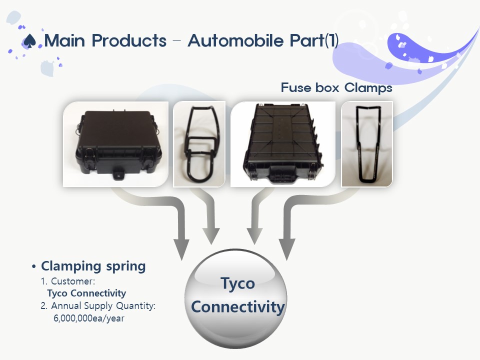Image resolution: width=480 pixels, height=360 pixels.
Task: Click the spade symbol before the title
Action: pos(30,41)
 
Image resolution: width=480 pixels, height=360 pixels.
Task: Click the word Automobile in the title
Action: pos(236,40)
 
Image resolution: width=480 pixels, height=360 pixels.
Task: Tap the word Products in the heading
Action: pos(129,40)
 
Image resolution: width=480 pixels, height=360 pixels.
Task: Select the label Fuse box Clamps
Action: pos(336,88)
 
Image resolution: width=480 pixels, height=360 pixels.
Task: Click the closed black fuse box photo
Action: pos(115,144)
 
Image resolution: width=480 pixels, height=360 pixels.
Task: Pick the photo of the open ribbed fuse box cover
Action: pos(283,144)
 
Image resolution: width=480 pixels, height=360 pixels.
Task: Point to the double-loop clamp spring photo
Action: pos(199,144)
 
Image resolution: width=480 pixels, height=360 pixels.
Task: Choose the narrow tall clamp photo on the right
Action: pos(366,144)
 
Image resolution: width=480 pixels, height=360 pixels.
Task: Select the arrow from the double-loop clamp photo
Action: pos(210,211)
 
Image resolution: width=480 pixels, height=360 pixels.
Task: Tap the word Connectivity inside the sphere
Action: pos(238,306)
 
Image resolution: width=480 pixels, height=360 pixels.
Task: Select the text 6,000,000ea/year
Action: pos(89,318)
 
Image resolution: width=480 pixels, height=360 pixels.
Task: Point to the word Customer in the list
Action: pos(71,281)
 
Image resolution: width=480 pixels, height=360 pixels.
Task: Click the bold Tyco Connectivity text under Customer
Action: pos(86,293)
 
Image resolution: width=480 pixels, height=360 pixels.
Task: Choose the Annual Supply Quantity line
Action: pos(98,306)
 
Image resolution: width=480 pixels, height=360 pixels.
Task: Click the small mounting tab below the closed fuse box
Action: pos(118,175)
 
